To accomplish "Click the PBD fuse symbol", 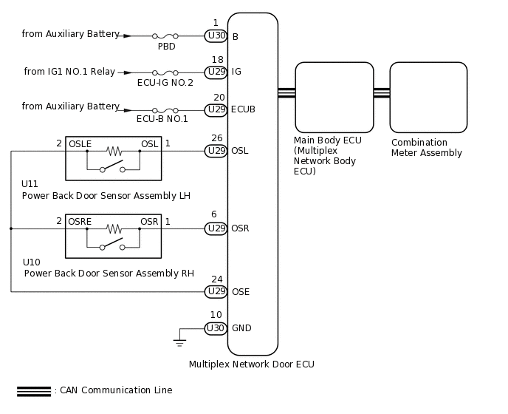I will click(x=165, y=35).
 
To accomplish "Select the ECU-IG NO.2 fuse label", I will click(x=165, y=83).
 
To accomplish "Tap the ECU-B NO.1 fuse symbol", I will click(x=165, y=109).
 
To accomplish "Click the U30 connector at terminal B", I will click(x=216, y=35).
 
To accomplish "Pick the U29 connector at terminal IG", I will click(x=216, y=72).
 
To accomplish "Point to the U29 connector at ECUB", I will click(x=216, y=109).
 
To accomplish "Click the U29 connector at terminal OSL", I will click(x=216, y=151).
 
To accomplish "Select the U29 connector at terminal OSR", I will click(x=216, y=228).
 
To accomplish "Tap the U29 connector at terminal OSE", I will click(x=216, y=291).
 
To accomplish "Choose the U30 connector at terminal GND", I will click(x=216, y=328).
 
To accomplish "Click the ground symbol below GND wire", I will click(x=179, y=342).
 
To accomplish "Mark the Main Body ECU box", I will click(x=334, y=97).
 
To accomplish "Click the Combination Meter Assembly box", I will click(x=428, y=97).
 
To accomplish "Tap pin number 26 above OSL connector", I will click(x=216, y=138).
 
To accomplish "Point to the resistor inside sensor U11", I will click(x=113, y=151).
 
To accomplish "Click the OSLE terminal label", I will click(x=80, y=143).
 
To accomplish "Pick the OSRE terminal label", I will click(x=80, y=221).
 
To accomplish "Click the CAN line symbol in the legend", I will click(x=33, y=391).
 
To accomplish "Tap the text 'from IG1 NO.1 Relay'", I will click(x=69, y=72).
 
